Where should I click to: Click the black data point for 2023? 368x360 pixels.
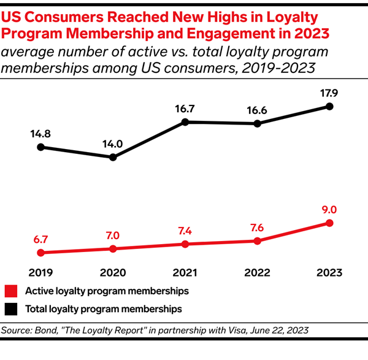pos(330,106)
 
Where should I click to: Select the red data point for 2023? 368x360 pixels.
pos(330,223)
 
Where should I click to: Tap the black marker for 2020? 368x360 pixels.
pos(113,158)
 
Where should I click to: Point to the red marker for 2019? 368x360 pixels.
pos(40,252)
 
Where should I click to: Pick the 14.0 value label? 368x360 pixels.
pos(113,144)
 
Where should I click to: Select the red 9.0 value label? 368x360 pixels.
pos(330,209)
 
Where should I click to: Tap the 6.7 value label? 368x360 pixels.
pos(40,238)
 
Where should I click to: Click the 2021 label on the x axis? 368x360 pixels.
pos(185,272)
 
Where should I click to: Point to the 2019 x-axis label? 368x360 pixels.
pos(40,272)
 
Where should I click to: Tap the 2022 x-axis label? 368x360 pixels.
pos(258,272)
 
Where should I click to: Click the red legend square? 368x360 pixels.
pos(9,290)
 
